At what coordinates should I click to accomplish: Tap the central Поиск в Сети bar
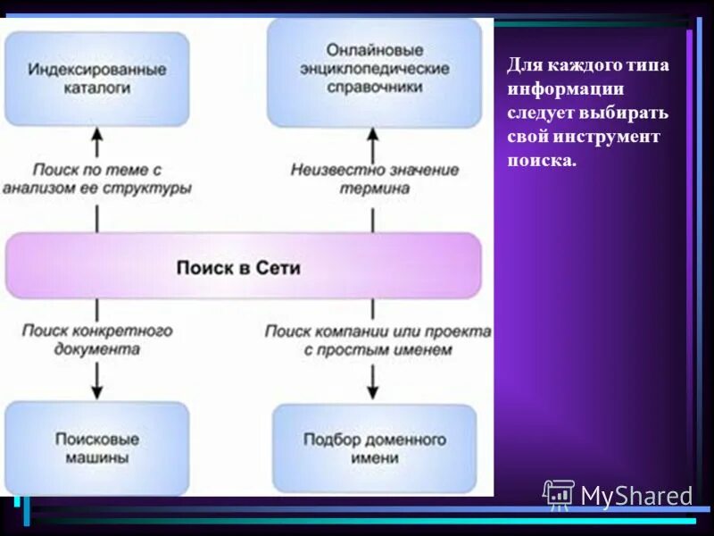tap(243, 266)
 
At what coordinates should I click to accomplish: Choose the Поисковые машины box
tap(96, 448)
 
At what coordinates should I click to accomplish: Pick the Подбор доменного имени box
tap(374, 448)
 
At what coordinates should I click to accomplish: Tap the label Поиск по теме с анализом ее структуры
tap(97, 179)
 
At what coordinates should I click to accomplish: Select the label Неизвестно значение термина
tap(375, 179)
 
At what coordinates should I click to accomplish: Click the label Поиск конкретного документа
tap(97, 339)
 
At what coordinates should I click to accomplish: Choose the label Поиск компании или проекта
tap(378, 331)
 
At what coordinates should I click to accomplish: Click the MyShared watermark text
tap(636, 496)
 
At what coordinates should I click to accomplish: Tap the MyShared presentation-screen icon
tap(559, 494)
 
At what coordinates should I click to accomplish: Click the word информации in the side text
tap(565, 90)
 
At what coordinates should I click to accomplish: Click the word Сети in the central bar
tap(278, 267)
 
